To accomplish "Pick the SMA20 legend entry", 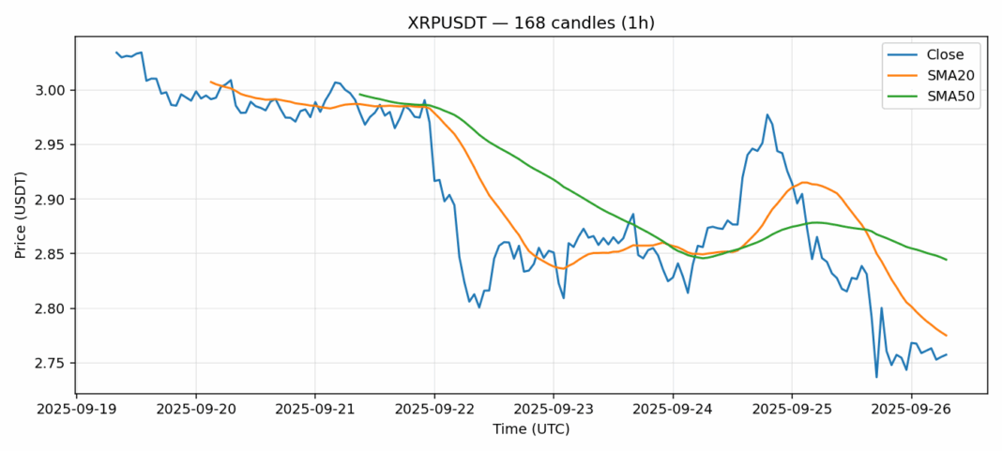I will click(x=939, y=75).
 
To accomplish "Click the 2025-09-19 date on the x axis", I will click(x=76, y=409).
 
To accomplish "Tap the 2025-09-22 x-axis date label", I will click(x=434, y=409).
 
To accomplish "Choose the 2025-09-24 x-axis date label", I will click(x=673, y=409).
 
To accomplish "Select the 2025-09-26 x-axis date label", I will click(x=912, y=409).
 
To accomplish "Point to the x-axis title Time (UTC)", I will click(x=531, y=430).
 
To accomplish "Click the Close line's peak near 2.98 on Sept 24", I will click(x=767, y=114).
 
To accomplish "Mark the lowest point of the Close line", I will click(x=876, y=377).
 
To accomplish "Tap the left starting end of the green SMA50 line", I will click(x=359, y=94).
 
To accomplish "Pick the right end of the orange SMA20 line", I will click(x=946, y=336).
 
